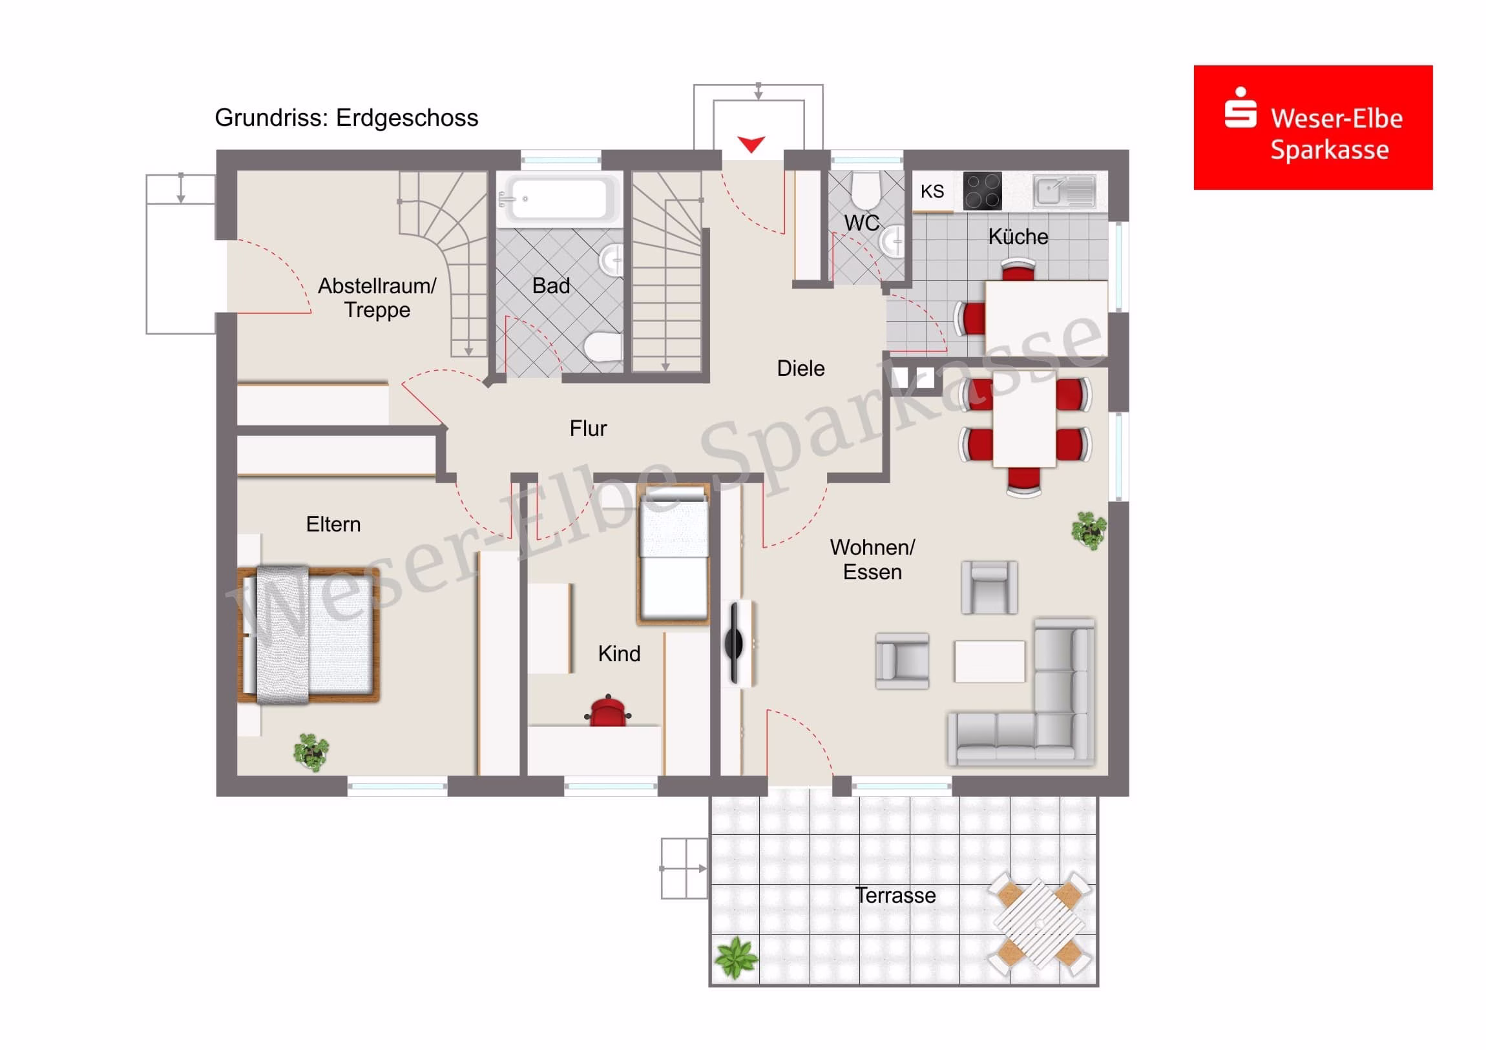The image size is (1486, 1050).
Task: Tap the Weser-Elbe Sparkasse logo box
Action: (x=1313, y=127)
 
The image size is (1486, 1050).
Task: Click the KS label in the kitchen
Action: (x=932, y=192)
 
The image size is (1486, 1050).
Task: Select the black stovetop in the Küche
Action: (x=982, y=191)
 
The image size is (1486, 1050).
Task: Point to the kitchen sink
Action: (x=1064, y=191)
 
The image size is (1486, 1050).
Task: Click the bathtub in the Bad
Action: (x=559, y=198)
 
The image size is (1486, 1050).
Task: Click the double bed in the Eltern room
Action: (x=308, y=635)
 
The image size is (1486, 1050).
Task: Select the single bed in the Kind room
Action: (x=673, y=554)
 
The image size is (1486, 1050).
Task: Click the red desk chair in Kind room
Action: (x=607, y=710)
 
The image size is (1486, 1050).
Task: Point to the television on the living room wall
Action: (x=735, y=643)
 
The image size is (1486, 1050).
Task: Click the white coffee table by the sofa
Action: (x=989, y=661)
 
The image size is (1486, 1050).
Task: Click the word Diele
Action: (x=801, y=368)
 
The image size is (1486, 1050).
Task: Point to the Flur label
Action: (x=588, y=428)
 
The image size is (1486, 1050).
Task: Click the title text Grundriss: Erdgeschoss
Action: (x=346, y=118)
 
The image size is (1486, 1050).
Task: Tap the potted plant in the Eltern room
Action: (x=311, y=752)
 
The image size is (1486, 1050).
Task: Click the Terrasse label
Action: (x=895, y=896)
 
